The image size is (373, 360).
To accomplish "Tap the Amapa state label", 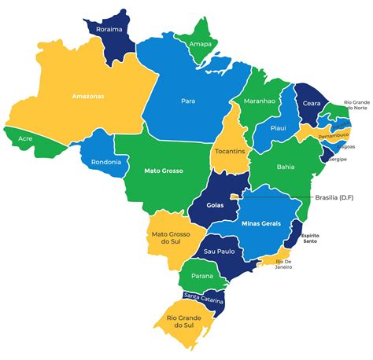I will click(200, 44).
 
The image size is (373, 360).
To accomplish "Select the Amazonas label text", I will click(88, 96).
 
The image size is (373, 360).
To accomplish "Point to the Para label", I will click(188, 101).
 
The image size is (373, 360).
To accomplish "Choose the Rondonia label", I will click(106, 162).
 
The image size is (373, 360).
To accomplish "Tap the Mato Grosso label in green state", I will click(164, 170).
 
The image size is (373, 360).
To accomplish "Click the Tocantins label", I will click(230, 150).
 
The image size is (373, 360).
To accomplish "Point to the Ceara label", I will click(312, 102).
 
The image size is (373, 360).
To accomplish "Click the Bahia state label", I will click(286, 167).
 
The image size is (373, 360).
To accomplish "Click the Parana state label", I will click(203, 276).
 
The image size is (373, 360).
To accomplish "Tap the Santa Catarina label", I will click(203, 299).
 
